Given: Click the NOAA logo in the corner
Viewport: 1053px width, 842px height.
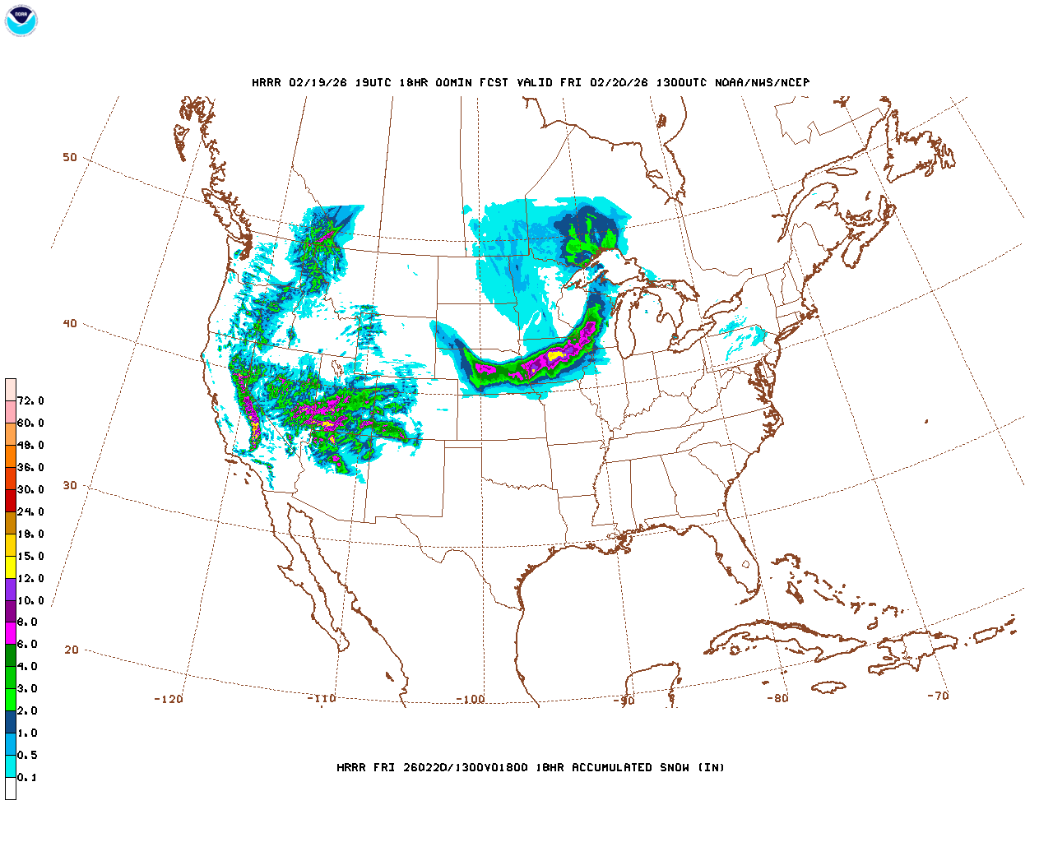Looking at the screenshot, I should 21,21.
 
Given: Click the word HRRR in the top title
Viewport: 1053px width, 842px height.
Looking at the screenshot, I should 266,83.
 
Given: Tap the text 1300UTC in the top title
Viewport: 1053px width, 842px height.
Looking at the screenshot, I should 680,83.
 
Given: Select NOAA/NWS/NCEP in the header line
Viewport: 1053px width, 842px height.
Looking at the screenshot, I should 762,83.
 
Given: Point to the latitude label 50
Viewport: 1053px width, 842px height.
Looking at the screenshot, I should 70,157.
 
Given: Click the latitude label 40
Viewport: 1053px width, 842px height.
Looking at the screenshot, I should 70,323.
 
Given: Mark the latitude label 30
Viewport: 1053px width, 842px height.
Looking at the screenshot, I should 70,485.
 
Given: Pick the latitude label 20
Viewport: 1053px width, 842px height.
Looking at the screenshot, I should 72,650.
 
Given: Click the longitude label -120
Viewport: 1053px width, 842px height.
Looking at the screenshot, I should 169,699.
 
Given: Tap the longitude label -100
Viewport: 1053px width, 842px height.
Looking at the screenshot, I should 471,700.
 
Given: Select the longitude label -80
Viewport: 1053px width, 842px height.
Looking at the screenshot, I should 777,698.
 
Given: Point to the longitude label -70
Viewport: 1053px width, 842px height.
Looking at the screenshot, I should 938,696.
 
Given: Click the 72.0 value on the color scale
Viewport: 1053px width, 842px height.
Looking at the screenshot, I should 30,401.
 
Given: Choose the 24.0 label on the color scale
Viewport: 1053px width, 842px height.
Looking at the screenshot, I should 30,512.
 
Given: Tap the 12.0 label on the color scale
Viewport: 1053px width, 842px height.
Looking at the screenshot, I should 30,579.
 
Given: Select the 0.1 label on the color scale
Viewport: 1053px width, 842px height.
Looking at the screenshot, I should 27,778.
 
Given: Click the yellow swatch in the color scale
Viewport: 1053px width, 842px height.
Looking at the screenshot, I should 11,567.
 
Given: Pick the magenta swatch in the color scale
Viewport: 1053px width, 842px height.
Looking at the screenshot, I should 11,633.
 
